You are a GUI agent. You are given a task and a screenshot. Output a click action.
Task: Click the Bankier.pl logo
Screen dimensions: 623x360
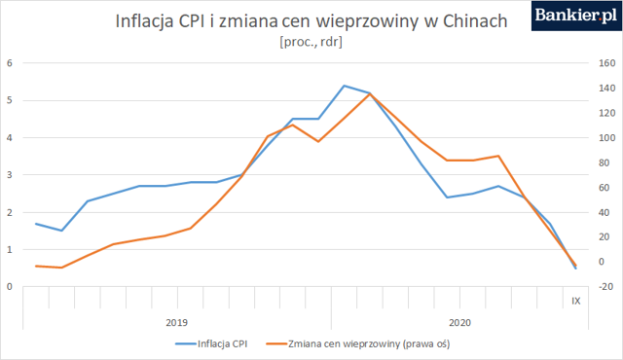tap(576, 16)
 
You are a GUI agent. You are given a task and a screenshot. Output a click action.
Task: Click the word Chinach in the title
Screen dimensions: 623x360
tap(475, 21)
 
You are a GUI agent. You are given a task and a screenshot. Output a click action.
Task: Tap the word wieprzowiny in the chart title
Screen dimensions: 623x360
tap(367, 21)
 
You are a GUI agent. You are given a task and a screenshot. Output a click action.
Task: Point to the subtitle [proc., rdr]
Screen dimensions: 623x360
tap(311, 42)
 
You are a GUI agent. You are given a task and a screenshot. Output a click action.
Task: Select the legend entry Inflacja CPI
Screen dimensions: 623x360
tap(211, 343)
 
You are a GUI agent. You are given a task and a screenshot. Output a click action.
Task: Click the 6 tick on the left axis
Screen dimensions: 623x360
tap(10, 63)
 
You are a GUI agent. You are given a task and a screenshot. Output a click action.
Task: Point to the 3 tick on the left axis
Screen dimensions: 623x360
tap(10, 175)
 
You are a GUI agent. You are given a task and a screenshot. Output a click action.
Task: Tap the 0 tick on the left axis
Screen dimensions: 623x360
tap(10, 287)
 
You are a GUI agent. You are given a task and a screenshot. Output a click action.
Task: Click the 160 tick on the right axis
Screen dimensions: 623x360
tap(606, 63)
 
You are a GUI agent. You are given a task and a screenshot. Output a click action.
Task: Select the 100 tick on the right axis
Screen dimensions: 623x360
tap(606, 138)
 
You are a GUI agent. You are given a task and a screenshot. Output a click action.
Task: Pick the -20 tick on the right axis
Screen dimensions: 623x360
tap(605, 287)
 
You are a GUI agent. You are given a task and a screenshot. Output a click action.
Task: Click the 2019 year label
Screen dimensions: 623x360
tap(177, 322)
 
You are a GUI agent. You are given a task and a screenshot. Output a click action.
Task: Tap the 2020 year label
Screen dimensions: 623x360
tap(459, 322)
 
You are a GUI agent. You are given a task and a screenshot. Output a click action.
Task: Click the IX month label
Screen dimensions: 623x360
tap(575, 301)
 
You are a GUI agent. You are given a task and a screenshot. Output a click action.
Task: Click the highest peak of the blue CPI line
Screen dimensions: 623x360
tap(344, 86)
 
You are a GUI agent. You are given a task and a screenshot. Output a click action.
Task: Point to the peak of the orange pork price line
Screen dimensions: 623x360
tap(370, 93)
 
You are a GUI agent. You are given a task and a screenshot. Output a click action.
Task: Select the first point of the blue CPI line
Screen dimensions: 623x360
tap(36, 224)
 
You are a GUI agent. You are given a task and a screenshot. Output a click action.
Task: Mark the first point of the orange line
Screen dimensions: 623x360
tap(36, 266)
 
